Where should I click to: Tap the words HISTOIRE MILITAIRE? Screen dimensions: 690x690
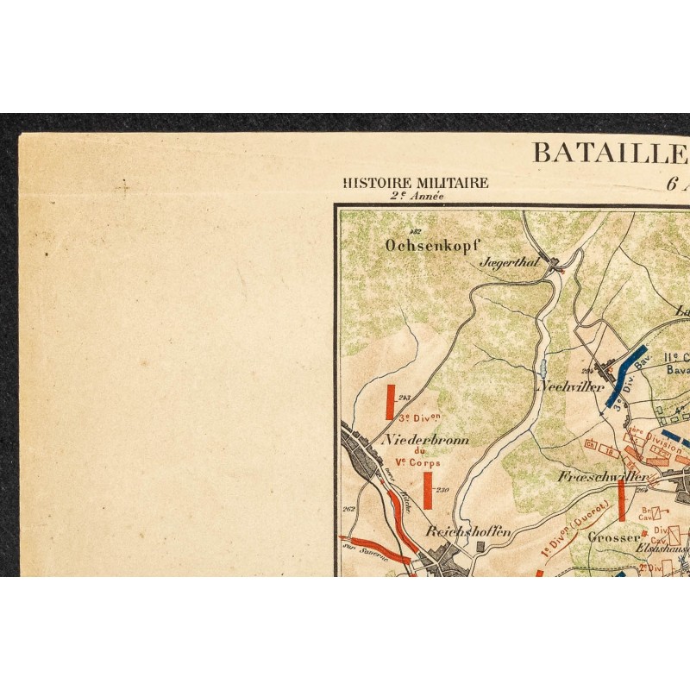[x=416, y=183]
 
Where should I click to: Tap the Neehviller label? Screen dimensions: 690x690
[x=571, y=387]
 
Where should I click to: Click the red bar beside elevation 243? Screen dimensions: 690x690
[x=390, y=403]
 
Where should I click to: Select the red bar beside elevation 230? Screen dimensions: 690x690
[x=427, y=490]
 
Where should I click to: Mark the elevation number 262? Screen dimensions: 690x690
[x=349, y=509]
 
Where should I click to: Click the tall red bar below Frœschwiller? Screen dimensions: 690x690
[x=621, y=500]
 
